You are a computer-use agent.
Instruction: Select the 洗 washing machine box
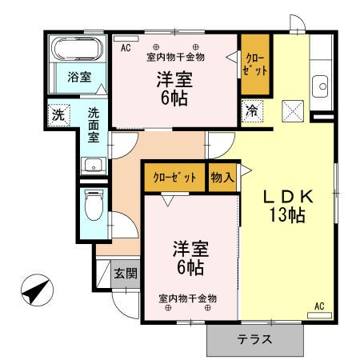[58, 114]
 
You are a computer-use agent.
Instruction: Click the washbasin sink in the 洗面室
[91, 166]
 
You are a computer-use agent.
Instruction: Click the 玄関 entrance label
[125, 274]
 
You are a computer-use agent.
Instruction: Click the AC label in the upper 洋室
[126, 48]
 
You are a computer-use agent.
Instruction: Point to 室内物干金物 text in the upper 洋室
[176, 57]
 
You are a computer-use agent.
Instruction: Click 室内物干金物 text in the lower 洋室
[187, 298]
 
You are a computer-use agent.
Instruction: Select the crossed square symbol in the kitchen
[291, 110]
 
